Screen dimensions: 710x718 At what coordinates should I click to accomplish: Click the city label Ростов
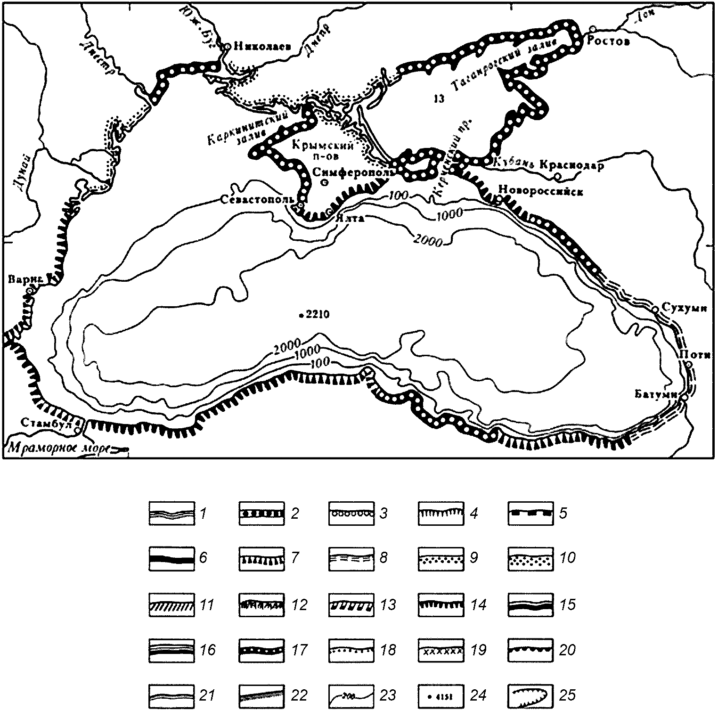click(x=608, y=41)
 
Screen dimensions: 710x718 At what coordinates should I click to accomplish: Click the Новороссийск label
click(x=540, y=191)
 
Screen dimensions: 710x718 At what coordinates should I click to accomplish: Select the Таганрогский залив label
click(x=504, y=66)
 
